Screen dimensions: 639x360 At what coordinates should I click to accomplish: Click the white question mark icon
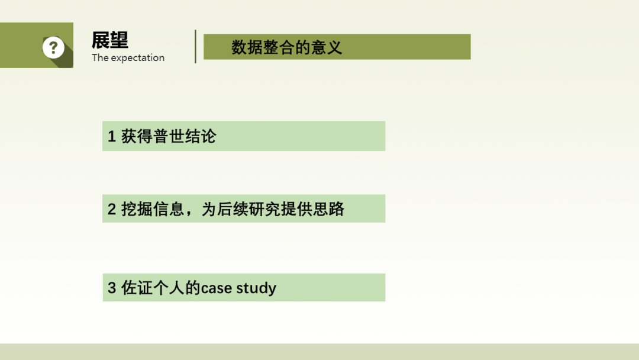[53, 47]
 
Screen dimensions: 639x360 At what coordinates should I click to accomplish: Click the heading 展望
[109, 40]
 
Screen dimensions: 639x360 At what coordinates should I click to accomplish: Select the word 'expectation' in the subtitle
[138, 58]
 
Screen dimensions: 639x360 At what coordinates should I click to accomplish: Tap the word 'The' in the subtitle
[100, 57]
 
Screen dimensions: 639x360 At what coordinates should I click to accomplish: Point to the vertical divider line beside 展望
[196, 46]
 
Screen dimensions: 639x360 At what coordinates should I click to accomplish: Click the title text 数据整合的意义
[286, 47]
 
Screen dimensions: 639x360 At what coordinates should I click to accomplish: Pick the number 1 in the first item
[112, 136]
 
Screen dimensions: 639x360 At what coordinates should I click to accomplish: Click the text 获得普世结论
[168, 136]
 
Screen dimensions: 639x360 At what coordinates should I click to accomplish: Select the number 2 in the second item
[112, 209]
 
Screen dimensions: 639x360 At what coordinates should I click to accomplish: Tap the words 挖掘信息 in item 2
[153, 209]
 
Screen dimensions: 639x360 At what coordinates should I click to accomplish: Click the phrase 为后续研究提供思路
[273, 209]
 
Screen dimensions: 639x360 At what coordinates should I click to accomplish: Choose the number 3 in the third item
[112, 288]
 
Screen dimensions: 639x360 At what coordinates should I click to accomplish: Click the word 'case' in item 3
[217, 288]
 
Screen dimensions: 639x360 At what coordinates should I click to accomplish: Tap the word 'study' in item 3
[256, 289]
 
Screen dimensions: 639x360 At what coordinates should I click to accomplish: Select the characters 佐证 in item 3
[137, 288]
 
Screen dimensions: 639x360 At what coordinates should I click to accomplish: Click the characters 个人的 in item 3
[177, 288]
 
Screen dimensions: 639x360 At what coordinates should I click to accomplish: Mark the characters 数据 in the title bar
[247, 47]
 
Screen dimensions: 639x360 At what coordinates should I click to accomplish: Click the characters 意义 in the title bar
[327, 47]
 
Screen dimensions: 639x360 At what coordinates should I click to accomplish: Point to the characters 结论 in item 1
[201, 136]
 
